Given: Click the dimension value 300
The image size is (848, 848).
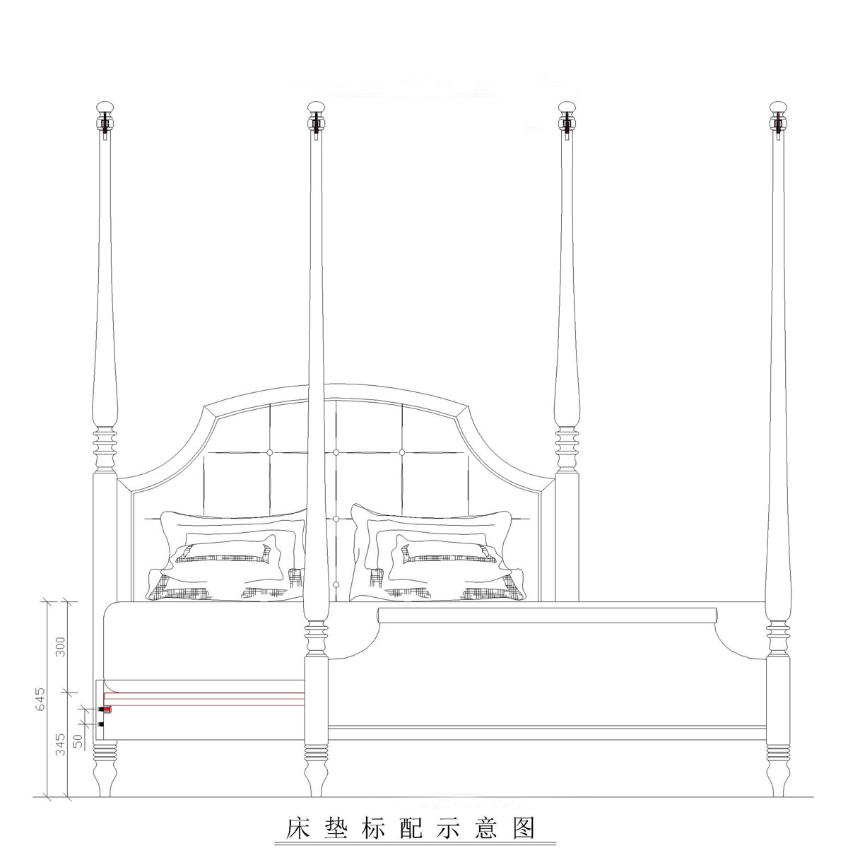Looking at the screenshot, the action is coord(60,647).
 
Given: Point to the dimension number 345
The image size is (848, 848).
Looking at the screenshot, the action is coord(60,744).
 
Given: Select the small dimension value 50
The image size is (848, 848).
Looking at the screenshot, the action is coord(77,740).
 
